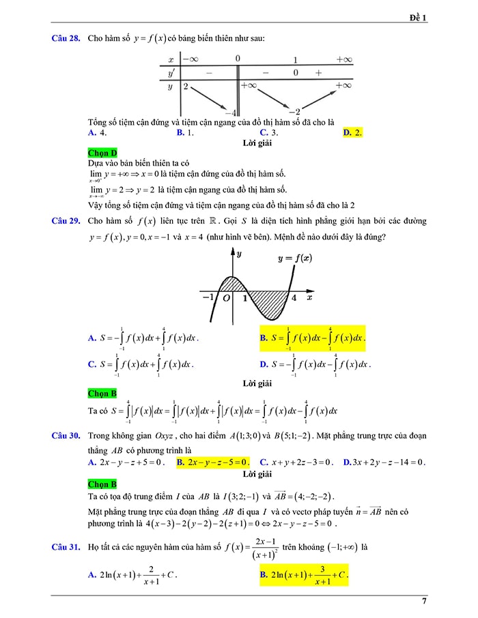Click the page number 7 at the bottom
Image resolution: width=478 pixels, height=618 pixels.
424,601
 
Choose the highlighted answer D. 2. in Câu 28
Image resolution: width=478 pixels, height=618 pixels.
353,132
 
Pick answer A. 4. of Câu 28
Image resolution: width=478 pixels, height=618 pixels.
97,132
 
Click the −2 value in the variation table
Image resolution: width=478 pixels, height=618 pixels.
294,112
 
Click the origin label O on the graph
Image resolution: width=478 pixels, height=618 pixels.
225,298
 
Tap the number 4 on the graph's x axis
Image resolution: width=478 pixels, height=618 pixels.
294,298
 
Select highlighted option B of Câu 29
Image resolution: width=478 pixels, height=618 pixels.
312,338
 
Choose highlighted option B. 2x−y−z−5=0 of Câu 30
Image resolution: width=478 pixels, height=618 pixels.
212,462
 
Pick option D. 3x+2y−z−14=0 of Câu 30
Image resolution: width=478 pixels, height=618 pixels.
384,462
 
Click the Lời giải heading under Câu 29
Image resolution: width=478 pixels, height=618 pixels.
257,383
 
